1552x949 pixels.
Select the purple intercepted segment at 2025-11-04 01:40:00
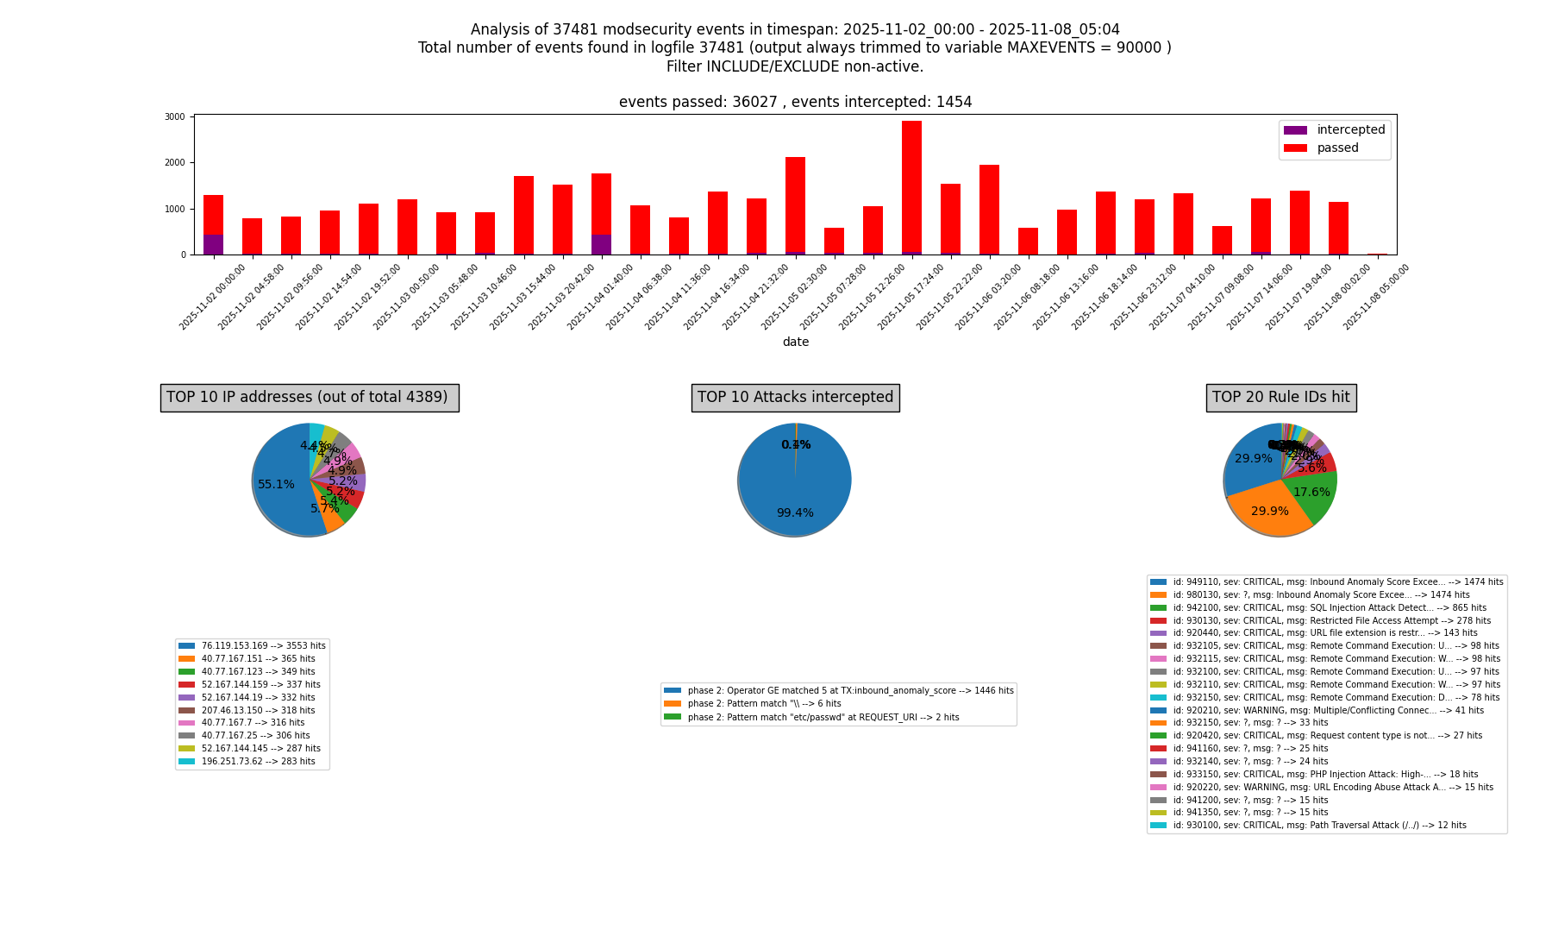point(601,244)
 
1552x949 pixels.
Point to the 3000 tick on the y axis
point(175,116)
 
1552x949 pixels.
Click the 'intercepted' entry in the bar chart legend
point(1350,130)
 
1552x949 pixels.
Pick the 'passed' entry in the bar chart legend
point(1337,148)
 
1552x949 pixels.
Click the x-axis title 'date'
point(795,343)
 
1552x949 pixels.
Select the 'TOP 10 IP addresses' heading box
point(309,398)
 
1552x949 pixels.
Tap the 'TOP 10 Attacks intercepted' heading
point(795,398)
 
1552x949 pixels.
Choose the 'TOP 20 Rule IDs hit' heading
point(1280,398)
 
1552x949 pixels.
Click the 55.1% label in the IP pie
point(276,485)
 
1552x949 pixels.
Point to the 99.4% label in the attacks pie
point(794,513)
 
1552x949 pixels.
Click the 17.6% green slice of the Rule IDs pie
point(1311,493)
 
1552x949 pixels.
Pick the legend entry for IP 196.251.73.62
point(258,762)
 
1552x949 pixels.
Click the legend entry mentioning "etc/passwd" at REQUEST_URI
point(823,718)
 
